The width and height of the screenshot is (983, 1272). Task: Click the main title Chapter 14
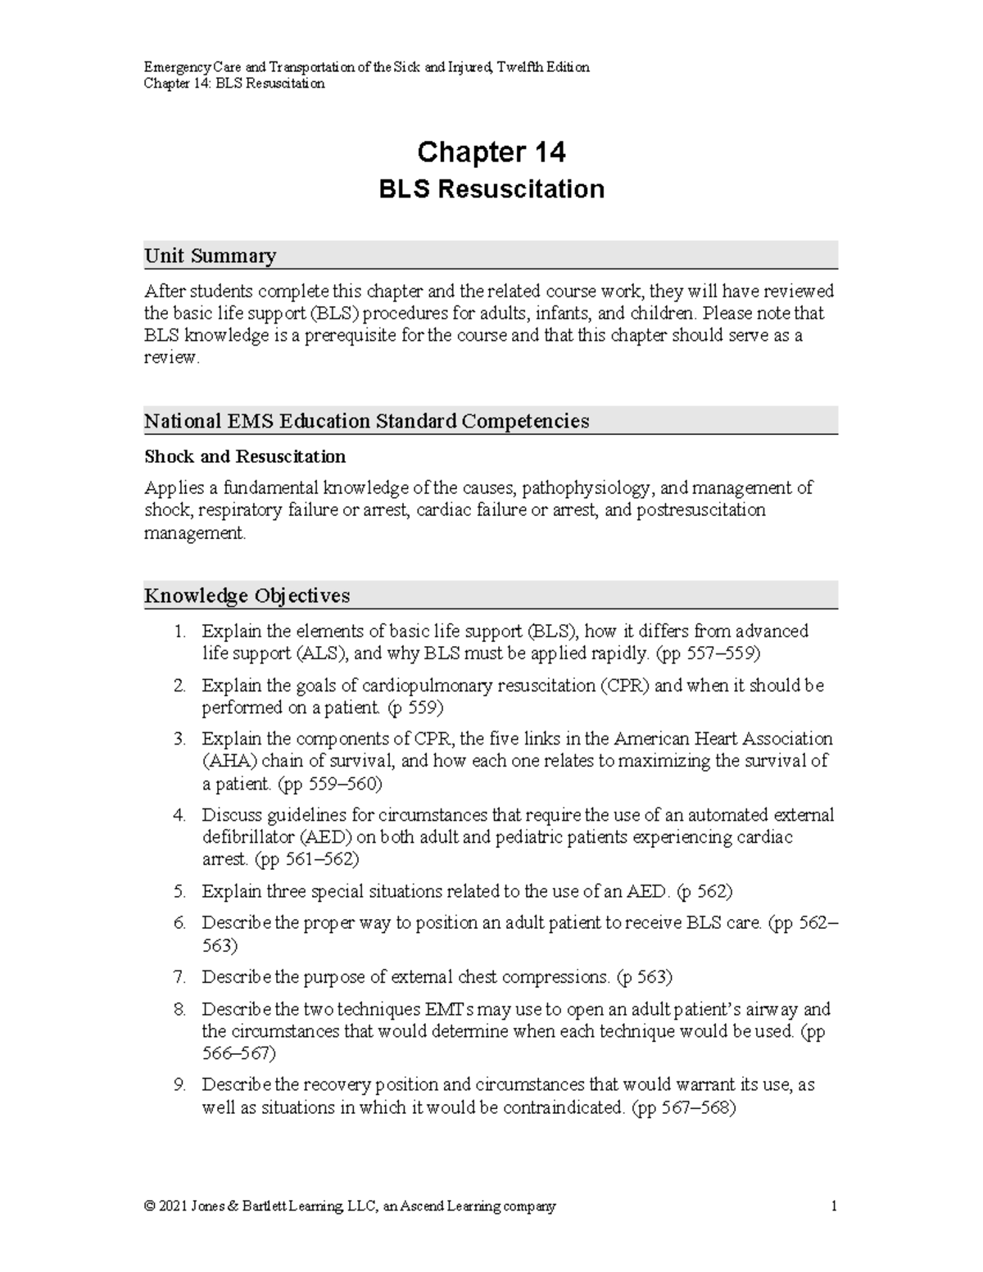[491, 152]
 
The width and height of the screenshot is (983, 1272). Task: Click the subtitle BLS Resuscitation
[491, 189]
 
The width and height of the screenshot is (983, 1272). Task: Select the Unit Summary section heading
[210, 256]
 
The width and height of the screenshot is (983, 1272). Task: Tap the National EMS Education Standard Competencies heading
[366, 421]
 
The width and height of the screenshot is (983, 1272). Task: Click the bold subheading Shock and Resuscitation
[245, 456]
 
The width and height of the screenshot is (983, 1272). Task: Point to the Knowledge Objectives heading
[247, 595]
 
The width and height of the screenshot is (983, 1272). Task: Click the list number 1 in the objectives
[179, 631]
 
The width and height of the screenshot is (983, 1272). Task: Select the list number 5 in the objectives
[179, 891]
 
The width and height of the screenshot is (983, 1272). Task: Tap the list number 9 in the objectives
[179, 1084]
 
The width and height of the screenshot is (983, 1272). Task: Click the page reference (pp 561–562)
[306, 860]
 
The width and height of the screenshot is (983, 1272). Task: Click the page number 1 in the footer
[833, 1206]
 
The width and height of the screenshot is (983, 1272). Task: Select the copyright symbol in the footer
[149, 1206]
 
